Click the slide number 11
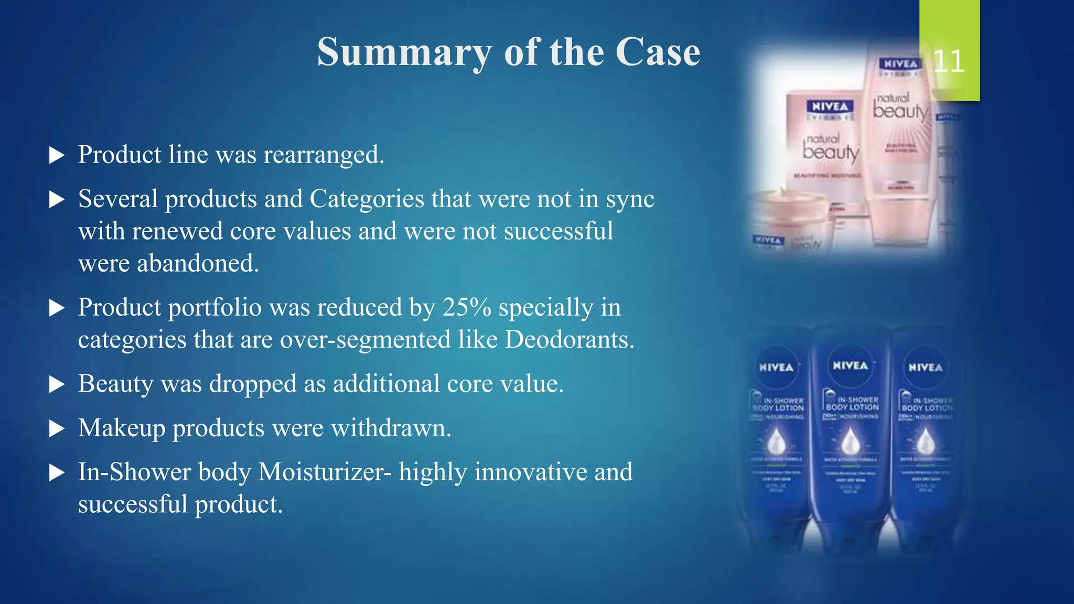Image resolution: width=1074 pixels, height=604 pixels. [x=949, y=61]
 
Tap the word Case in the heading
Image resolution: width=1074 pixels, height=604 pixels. [x=658, y=52]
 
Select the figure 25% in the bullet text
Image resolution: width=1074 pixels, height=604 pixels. [x=467, y=307]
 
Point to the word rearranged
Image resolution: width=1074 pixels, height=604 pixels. [x=324, y=155]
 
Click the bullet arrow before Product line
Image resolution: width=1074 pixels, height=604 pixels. [x=57, y=155]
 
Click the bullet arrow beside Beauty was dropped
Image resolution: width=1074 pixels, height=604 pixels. [x=57, y=385]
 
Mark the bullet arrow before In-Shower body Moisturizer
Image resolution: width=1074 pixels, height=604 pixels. [x=57, y=473]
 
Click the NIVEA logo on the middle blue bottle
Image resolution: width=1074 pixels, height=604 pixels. [x=850, y=366]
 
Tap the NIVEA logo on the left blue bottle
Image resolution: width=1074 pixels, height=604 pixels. [x=776, y=368]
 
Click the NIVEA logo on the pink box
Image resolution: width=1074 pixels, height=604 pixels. [x=830, y=107]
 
